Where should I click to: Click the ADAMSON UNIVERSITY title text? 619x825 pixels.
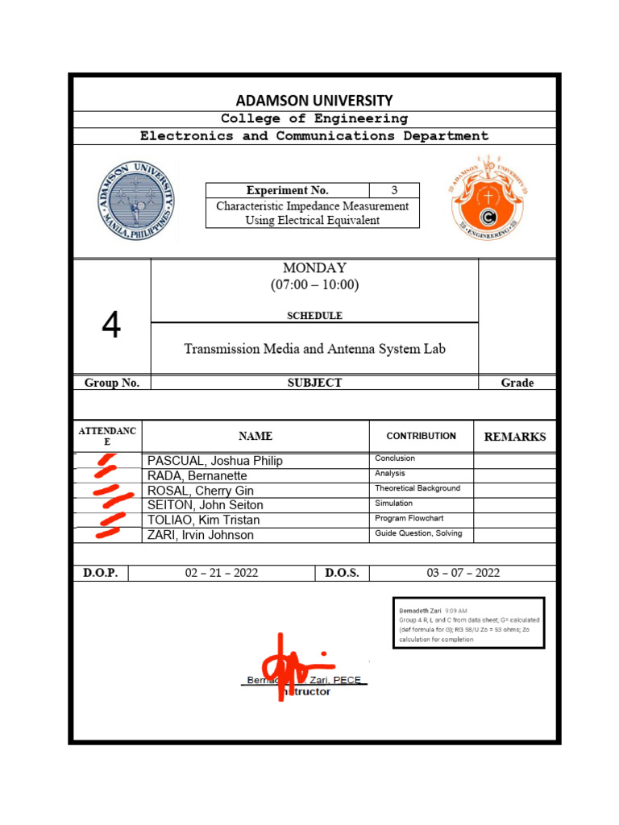314,101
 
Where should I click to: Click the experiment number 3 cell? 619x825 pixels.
394,191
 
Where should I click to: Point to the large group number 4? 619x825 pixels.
111,325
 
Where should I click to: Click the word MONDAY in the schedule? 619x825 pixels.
314,268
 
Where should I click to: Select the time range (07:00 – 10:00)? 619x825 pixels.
314,285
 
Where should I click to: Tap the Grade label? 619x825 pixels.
517,383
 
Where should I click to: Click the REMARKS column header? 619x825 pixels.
514,437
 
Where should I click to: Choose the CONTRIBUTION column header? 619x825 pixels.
421,436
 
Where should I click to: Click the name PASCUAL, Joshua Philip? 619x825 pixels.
215,461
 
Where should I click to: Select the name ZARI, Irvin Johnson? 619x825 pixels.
201,535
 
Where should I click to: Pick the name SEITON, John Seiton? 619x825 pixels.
206,505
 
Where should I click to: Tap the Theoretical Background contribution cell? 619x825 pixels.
418,489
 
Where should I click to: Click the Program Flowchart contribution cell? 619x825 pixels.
409,519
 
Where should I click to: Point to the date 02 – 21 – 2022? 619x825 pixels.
222,573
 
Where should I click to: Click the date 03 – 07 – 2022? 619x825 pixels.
463,573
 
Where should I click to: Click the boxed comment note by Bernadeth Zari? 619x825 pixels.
468,623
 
